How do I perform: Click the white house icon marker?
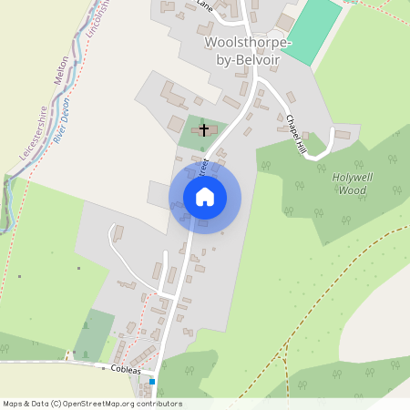[x=204, y=197]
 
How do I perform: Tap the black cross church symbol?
[x=204, y=130]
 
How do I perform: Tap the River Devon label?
[x=64, y=111]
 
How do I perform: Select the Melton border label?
[x=62, y=70]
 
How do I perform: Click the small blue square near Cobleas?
[x=153, y=381]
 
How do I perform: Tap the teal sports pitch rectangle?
[x=312, y=29]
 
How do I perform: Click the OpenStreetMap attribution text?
[x=92, y=404]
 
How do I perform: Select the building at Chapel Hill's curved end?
[x=342, y=135]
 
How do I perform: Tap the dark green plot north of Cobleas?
[x=94, y=334]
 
